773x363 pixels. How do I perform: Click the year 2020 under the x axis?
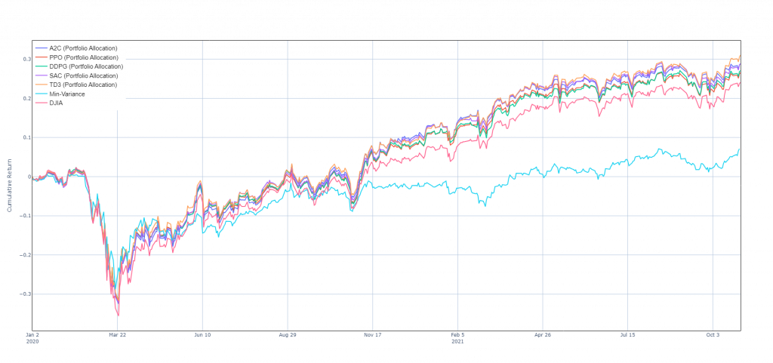click(x=32, y=340)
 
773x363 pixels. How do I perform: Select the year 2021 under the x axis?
click(x=457, y=340)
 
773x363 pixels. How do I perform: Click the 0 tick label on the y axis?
click(x=27, y=177)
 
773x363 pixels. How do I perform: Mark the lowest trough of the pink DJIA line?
click(x=118, y=315)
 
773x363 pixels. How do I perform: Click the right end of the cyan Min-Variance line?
click(x=738, y=152)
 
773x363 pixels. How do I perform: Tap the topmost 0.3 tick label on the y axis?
click(x=26, y=60)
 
